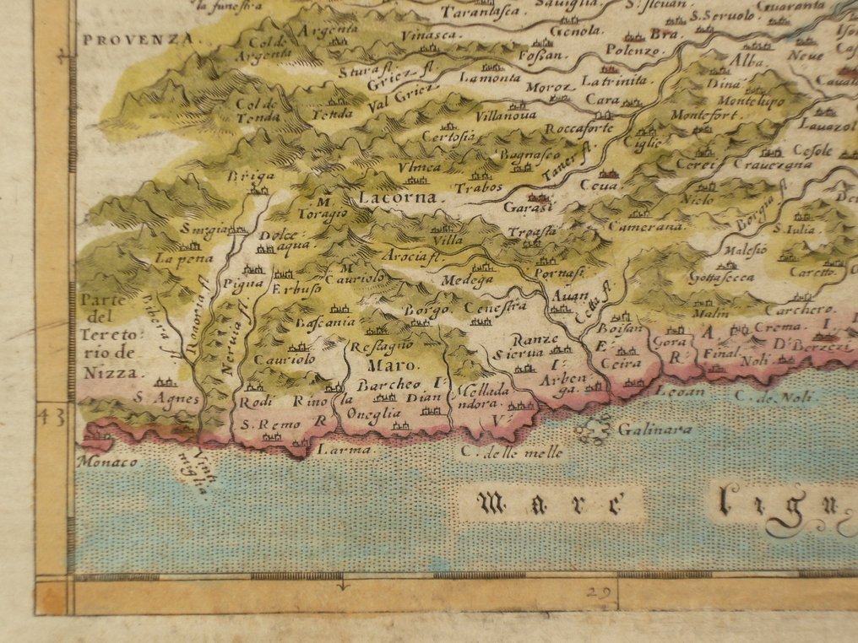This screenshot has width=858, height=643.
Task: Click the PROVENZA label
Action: (x=142, y=39)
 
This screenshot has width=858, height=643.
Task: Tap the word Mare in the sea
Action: (x=550, y=504)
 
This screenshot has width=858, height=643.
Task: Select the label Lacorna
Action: (x=397, y=199)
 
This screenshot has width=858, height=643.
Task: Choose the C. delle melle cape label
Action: (x=512, y=453)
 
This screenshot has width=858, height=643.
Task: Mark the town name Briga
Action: (x=239, y=176)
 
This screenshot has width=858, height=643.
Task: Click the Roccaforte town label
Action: (x=578, y=129)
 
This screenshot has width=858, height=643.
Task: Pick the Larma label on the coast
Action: (x=333, y=451)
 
